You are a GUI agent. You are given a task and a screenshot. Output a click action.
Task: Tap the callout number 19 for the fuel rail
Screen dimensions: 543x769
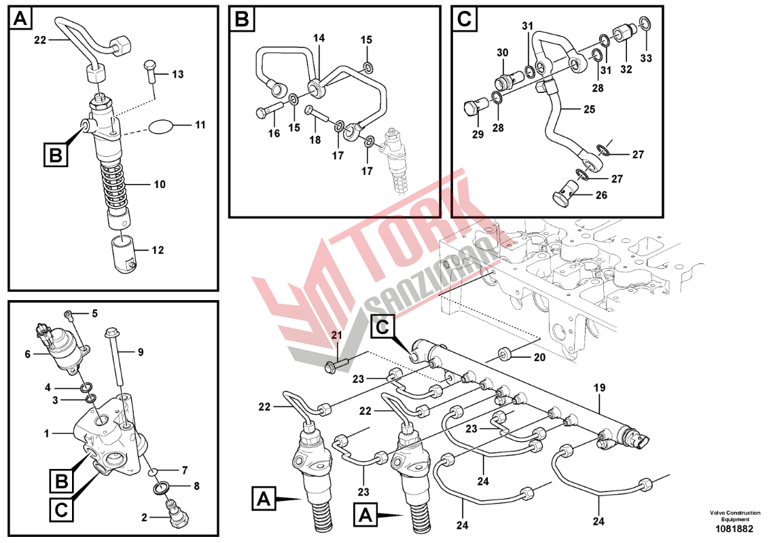coord(600,388)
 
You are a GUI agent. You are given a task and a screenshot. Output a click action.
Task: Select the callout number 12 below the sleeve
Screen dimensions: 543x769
coord(158,250)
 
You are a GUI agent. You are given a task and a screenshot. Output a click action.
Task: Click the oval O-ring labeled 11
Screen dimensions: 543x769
coord(161,126)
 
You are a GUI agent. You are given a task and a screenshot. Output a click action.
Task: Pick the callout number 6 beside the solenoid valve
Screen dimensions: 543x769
coord(29,354)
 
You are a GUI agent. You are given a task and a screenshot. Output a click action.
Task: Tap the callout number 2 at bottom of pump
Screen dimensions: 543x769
coord(144,518)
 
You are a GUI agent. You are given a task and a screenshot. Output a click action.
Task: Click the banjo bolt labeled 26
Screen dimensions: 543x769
coord(562,198)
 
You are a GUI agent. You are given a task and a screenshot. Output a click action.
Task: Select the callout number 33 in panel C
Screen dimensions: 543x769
coord(646,59)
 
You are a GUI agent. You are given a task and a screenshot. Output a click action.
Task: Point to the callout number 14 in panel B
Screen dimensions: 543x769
coord(319,39)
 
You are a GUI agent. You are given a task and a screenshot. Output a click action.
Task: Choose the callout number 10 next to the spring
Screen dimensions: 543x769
coord(160,184)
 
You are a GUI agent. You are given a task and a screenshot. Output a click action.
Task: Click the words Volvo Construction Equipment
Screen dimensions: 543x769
coord(735,515)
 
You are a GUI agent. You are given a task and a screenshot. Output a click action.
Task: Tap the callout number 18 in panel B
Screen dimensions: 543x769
coord(315,140)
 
